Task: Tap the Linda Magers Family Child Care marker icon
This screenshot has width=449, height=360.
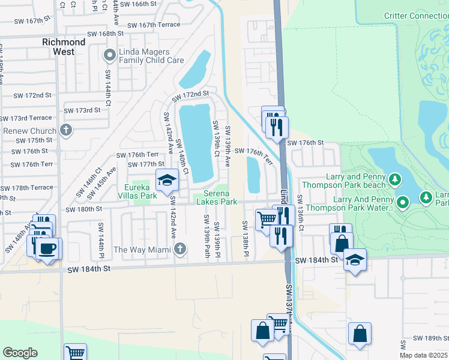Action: coord(109,56)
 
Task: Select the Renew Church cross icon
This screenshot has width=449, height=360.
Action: coord(66,130)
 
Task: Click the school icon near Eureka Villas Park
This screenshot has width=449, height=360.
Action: coord(167,179)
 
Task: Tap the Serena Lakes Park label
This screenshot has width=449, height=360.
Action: coord(220,197)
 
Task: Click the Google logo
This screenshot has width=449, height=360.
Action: coord(20,353)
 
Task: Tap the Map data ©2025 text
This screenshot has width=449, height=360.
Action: coord(424,355)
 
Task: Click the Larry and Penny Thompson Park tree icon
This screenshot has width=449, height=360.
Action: coord(394,179)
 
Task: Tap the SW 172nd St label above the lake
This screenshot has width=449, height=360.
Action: coord(190,95)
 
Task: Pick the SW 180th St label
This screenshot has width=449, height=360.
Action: coord(84,209)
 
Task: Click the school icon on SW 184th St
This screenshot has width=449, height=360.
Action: coord(355,259)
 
